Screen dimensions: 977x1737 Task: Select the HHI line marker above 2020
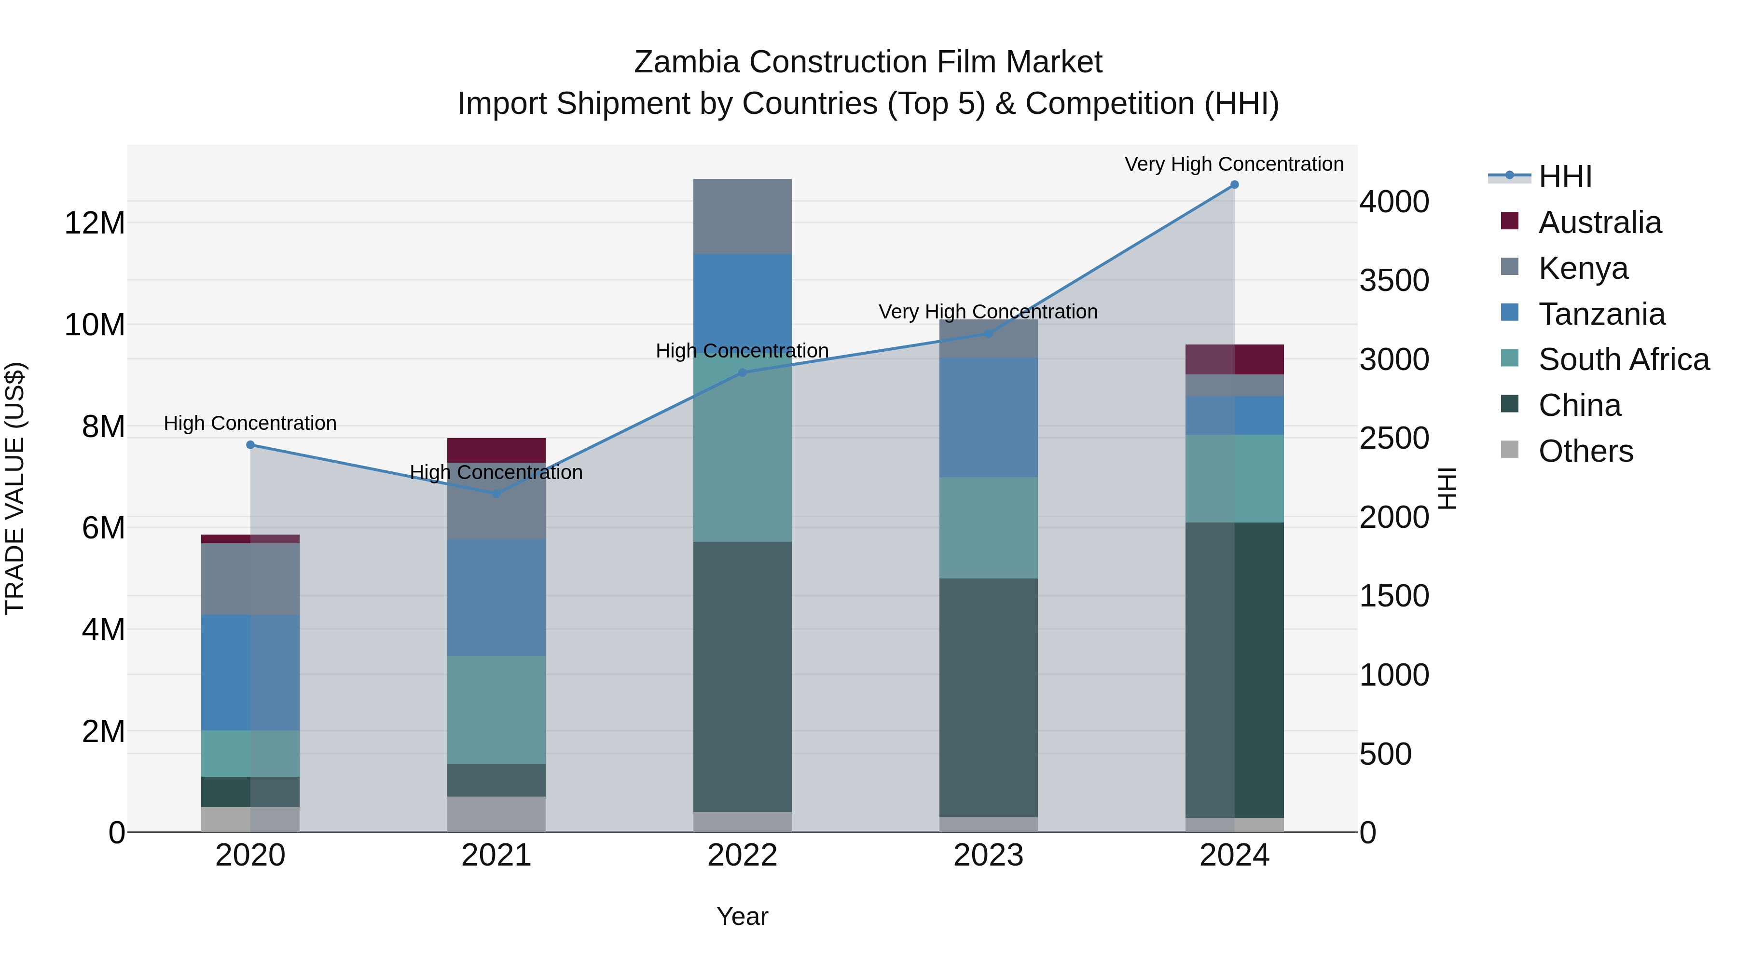click(x=250, y=445)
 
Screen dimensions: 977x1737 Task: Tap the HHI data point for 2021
click(x=496, y=494)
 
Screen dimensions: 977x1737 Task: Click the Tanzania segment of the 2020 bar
click(x=250, y=672)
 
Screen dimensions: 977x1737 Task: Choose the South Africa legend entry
click(x=1624, y=359)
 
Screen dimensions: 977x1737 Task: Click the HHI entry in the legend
click(x=1564, y=177)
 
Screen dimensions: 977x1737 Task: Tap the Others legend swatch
click(x=1510, y=450)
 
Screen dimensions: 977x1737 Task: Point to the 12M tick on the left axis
click(x=95, y=223)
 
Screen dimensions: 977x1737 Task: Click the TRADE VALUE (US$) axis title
click(x=15, y=488)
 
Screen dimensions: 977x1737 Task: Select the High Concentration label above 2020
click(x=250, y=424)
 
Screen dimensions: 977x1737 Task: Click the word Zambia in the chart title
click(x=688, y=62)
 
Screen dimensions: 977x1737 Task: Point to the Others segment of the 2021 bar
click(x=496, y=814)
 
